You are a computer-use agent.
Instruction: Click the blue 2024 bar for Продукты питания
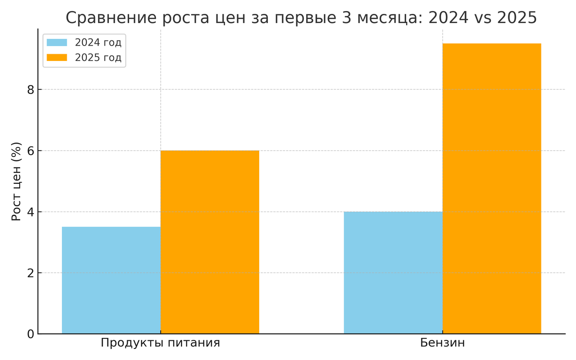pyautogui.click(x=111, y=280)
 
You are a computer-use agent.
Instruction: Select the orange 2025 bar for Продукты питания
pyautogui.click(x=210, y=242)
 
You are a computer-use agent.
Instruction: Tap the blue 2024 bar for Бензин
pyautogui.click(x=393, y=273)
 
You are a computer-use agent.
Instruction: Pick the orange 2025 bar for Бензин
pyautogui.click(x=492, y=189)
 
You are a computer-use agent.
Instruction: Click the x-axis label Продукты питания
pyautogui.click(x=160, y=343)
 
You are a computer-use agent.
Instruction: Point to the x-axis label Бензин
pyautogui.click(x=443, y=343)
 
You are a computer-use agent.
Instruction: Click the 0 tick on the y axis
pyautogui.click(x=30, y=334)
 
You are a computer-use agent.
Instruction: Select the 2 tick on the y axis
pyautogui.click(x=30, y=273)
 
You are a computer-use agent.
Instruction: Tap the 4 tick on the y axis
pyautogui.click(x=30, y=212)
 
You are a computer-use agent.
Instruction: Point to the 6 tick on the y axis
pyautogui.click(x=30, y=151)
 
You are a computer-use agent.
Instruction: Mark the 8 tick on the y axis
pyautogui.click(x=30, y=90)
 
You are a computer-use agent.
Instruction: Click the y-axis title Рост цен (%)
pyautogui.click(x=17, y=181)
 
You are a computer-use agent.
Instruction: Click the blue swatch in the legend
pyautogui.click(x=57, y=42)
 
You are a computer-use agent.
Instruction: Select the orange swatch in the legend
pyautogui.click(x=57, y=58)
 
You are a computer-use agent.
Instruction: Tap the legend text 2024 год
pyautogui.click(x=98, y=42)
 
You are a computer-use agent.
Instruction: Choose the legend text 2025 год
pyautogui.click(x=98, y=58)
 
